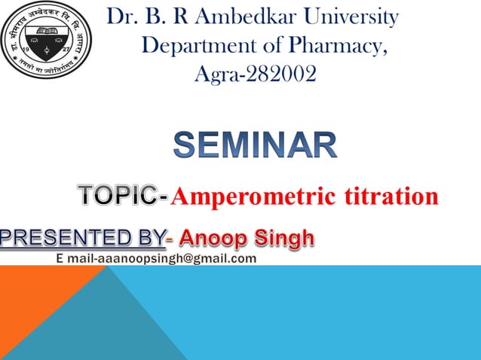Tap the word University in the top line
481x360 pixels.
click(348, 17)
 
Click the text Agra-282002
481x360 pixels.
click(255, 74)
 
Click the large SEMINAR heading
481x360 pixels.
click(256, 145)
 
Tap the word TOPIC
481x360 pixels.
click(118, 197)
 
